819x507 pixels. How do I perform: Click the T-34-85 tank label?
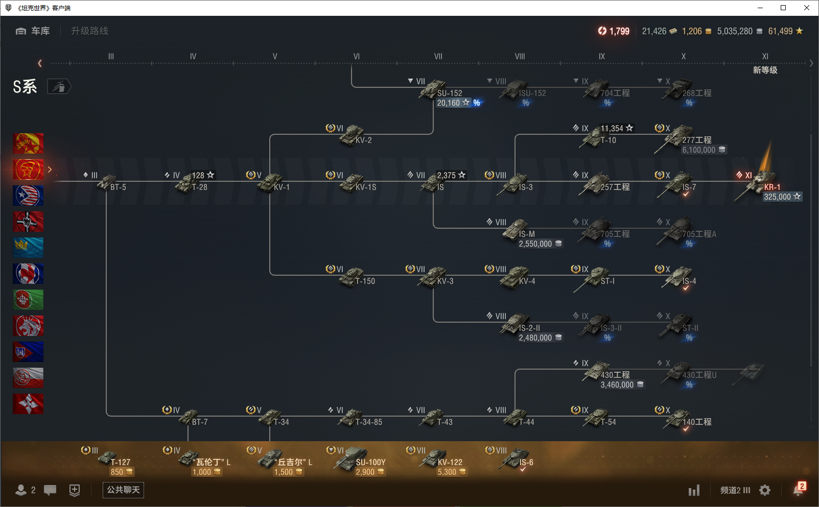[368, 422]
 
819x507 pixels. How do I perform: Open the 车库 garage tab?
[33, 31]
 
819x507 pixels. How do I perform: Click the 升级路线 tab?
[89, 31]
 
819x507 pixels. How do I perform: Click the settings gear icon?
[765, 490]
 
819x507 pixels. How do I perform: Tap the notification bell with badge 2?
[798, 490]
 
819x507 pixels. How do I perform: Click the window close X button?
[807, 8]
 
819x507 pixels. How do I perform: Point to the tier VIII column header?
[520, 57]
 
